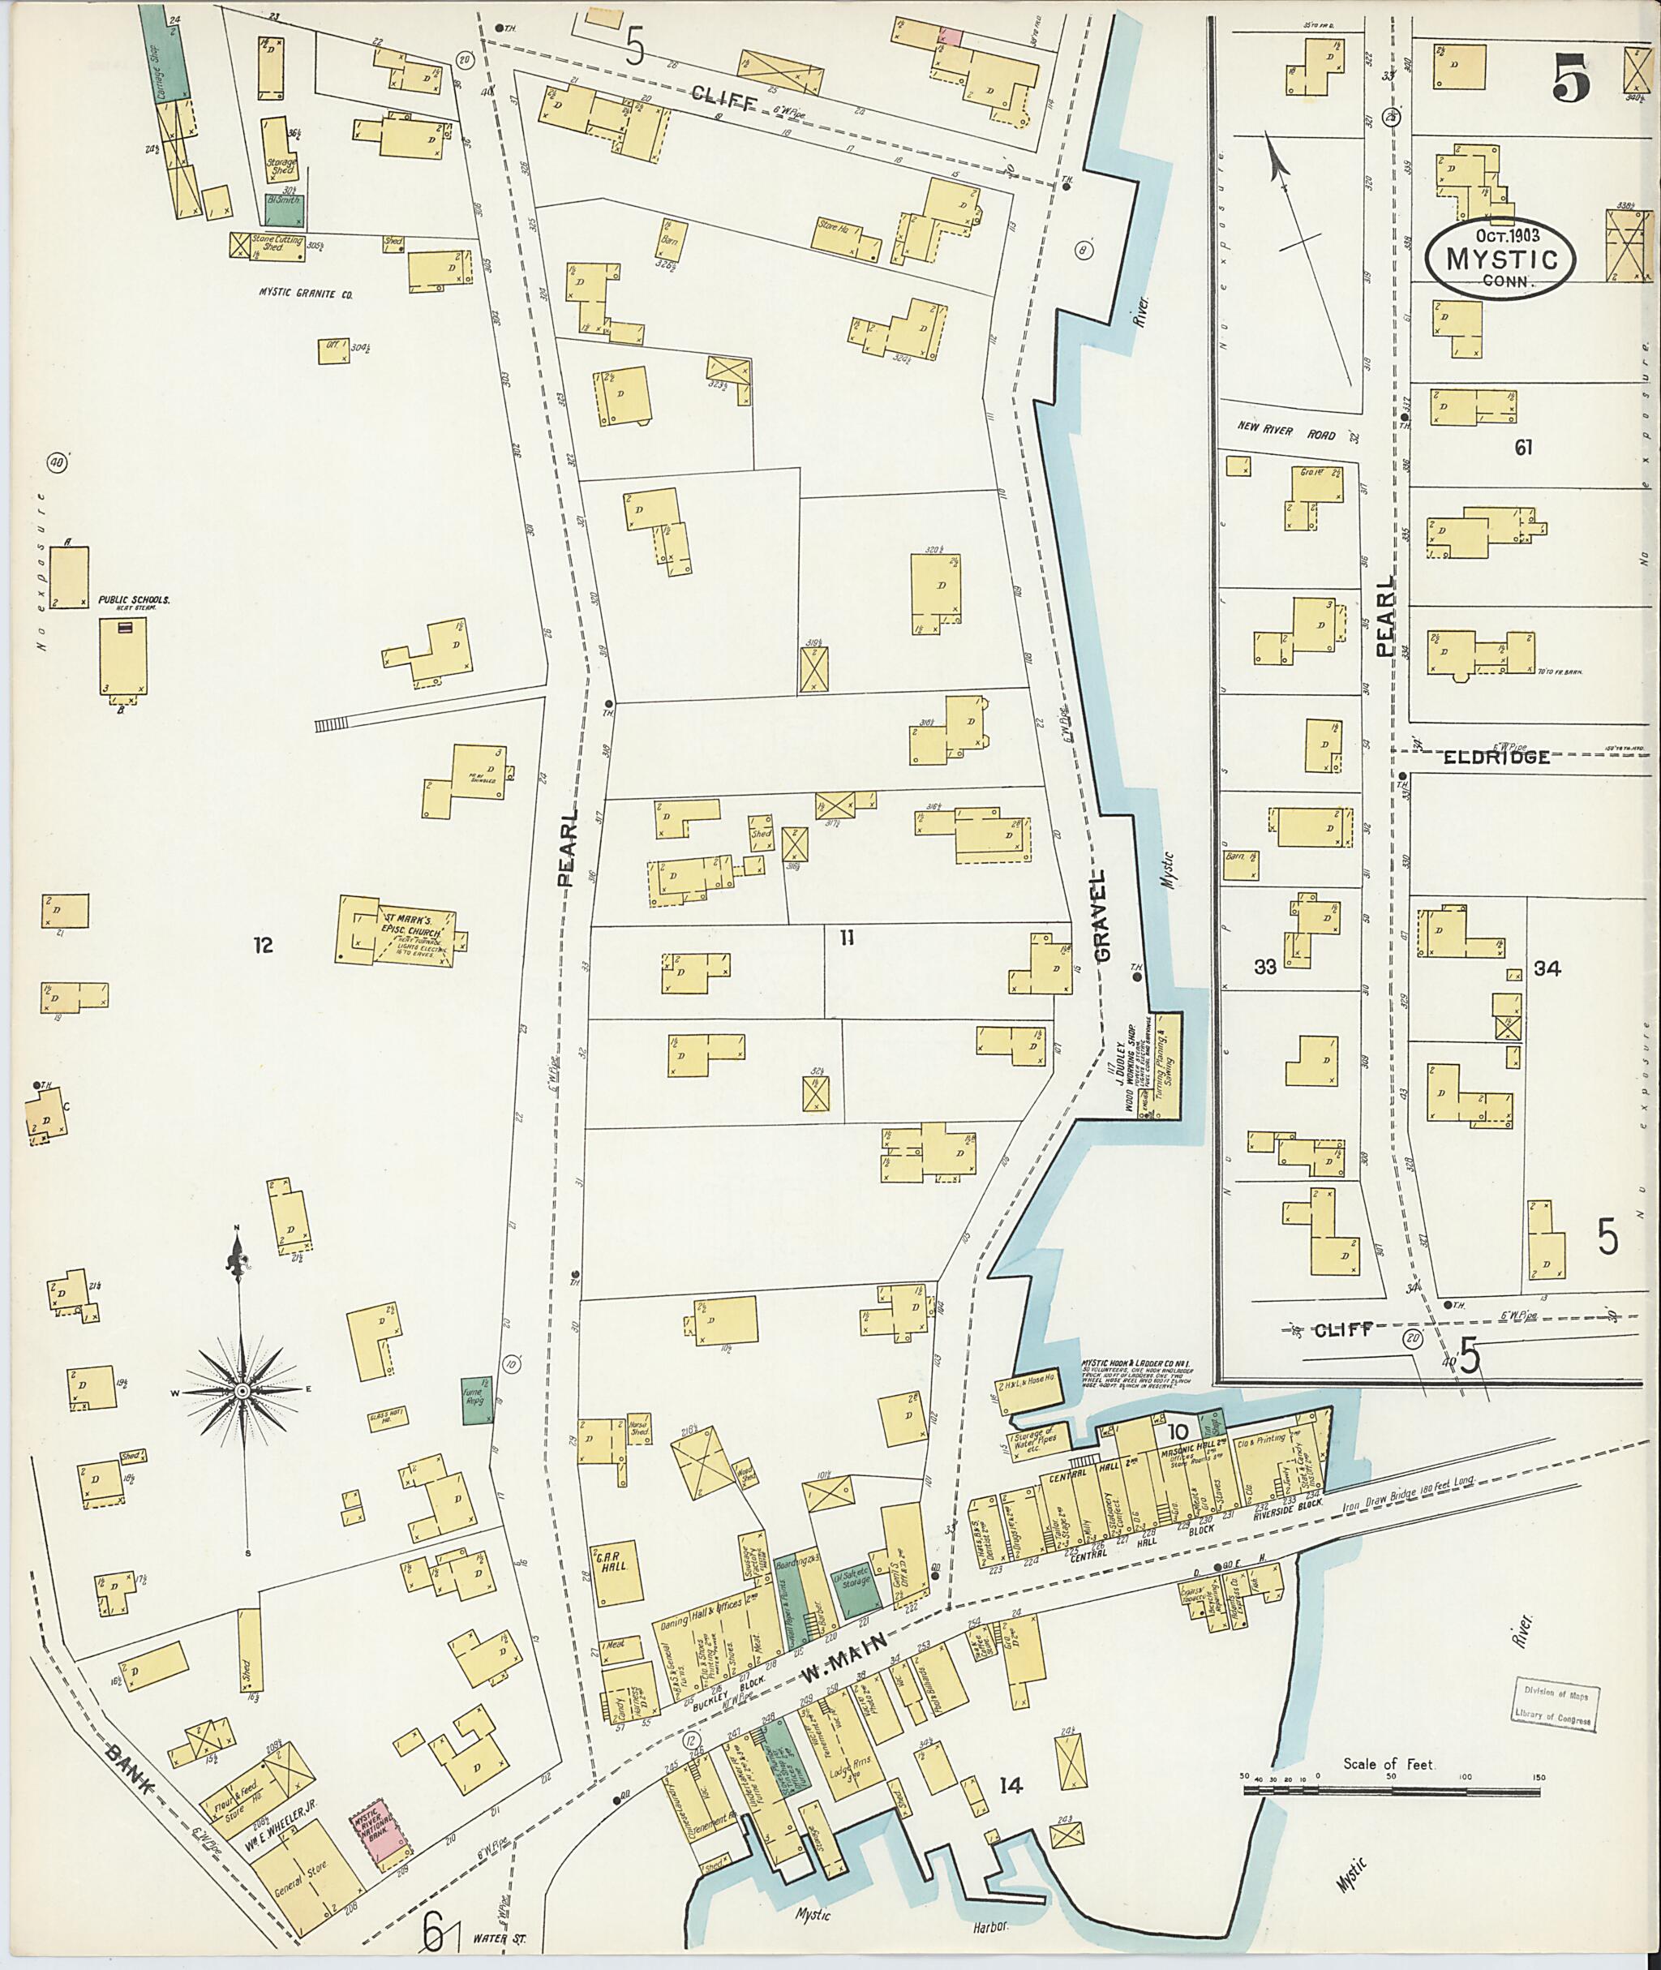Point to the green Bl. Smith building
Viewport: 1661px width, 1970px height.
[x=283, y=211]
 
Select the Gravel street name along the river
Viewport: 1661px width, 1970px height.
[x=1103, y=913]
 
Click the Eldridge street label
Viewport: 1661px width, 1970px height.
[x=1496, y=756]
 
